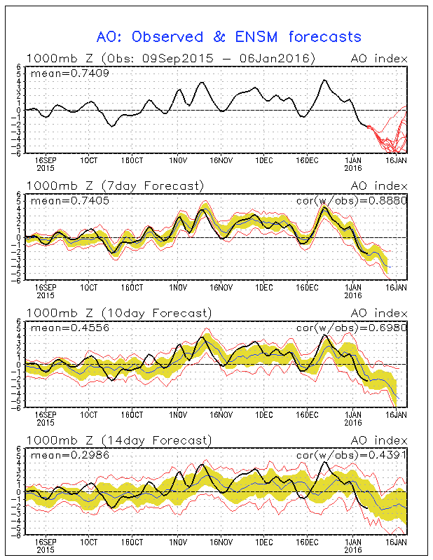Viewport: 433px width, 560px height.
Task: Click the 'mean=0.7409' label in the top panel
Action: click(60, 72)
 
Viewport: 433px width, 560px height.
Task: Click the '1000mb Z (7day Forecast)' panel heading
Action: click(115, 185)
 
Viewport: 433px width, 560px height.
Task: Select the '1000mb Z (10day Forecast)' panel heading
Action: click(118, 313)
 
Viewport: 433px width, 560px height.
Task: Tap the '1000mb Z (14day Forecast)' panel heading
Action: click(118, 440)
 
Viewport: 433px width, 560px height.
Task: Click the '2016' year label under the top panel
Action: click(352, 168)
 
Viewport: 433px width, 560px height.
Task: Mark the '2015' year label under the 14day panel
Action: click(45, 550)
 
